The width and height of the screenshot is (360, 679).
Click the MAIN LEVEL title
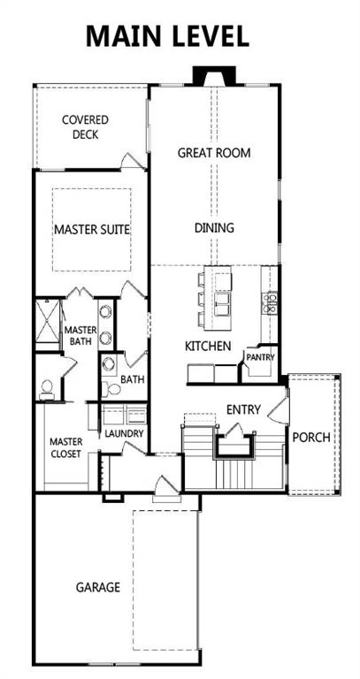click(167, 36)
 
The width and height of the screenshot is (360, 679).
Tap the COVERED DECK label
click(85, 127)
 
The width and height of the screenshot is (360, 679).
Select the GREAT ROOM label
click(214, 152)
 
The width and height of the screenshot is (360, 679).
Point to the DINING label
click(214, 227)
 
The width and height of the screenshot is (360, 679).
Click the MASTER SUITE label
click(92, 229)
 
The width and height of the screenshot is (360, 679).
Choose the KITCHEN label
click(208, 346)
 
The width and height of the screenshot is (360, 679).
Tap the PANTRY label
click(260, 357)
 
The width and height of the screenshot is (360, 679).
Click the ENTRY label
click(243, 409)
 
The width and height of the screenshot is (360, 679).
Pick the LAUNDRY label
click(124, 434)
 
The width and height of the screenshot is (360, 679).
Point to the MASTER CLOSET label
click(65, 447)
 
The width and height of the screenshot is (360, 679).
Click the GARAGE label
click(98, 586)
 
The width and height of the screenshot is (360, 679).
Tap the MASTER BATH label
click(80, 336)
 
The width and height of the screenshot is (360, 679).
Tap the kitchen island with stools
click(218, 296)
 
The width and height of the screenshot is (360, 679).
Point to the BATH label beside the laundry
click(132, 380)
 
